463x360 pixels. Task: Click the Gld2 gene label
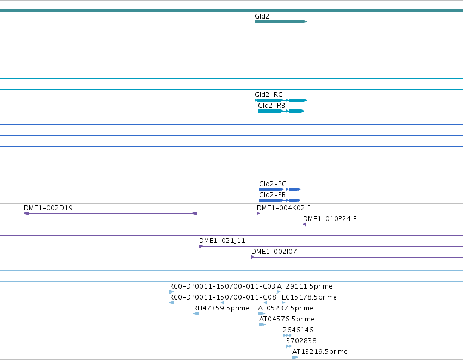point(262,16)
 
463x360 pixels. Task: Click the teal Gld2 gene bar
point(281,22)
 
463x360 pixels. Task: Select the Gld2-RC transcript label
point(268,95)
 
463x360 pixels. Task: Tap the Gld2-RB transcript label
point(271,106)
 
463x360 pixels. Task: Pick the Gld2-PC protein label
point(272,184)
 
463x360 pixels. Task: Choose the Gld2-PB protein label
point(272,195)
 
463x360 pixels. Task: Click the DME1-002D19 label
point(48,208)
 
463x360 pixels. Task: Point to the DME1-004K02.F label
point(283,208)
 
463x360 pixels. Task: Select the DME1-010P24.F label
point(330,219)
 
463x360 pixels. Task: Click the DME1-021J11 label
point(222,241)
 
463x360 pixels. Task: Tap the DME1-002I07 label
point(274,252)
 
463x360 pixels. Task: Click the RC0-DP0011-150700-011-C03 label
point(222,286)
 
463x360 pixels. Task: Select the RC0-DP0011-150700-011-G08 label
point(223,297)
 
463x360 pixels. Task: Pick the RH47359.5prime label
point(221,308)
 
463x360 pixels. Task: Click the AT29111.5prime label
point(305,286)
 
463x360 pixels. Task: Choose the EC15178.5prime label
point(309,297)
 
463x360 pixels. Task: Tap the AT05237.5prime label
point(286,308)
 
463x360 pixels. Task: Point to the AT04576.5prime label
point(286,319)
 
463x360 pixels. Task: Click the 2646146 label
point(298,330)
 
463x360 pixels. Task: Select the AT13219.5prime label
point(320,352)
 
